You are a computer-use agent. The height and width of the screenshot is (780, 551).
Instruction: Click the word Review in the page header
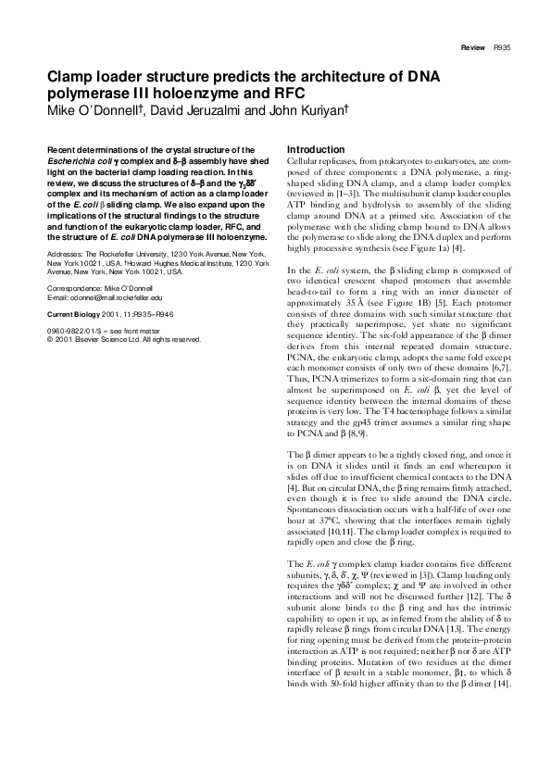[473, 47]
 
